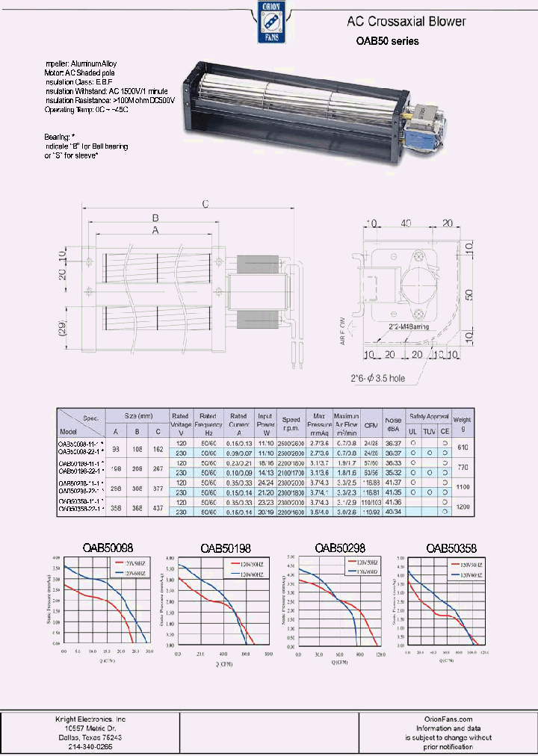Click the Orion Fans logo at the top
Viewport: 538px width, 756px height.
(x=269, y=22)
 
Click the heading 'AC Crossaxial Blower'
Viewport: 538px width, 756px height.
(x=406, y=22)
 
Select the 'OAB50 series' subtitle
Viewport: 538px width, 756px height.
(x=386, y=41)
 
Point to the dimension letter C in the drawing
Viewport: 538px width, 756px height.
(x=204, y=203)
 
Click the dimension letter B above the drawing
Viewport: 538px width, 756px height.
(x=155, y=218)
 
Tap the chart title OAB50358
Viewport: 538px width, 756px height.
(x=451, y=548)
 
